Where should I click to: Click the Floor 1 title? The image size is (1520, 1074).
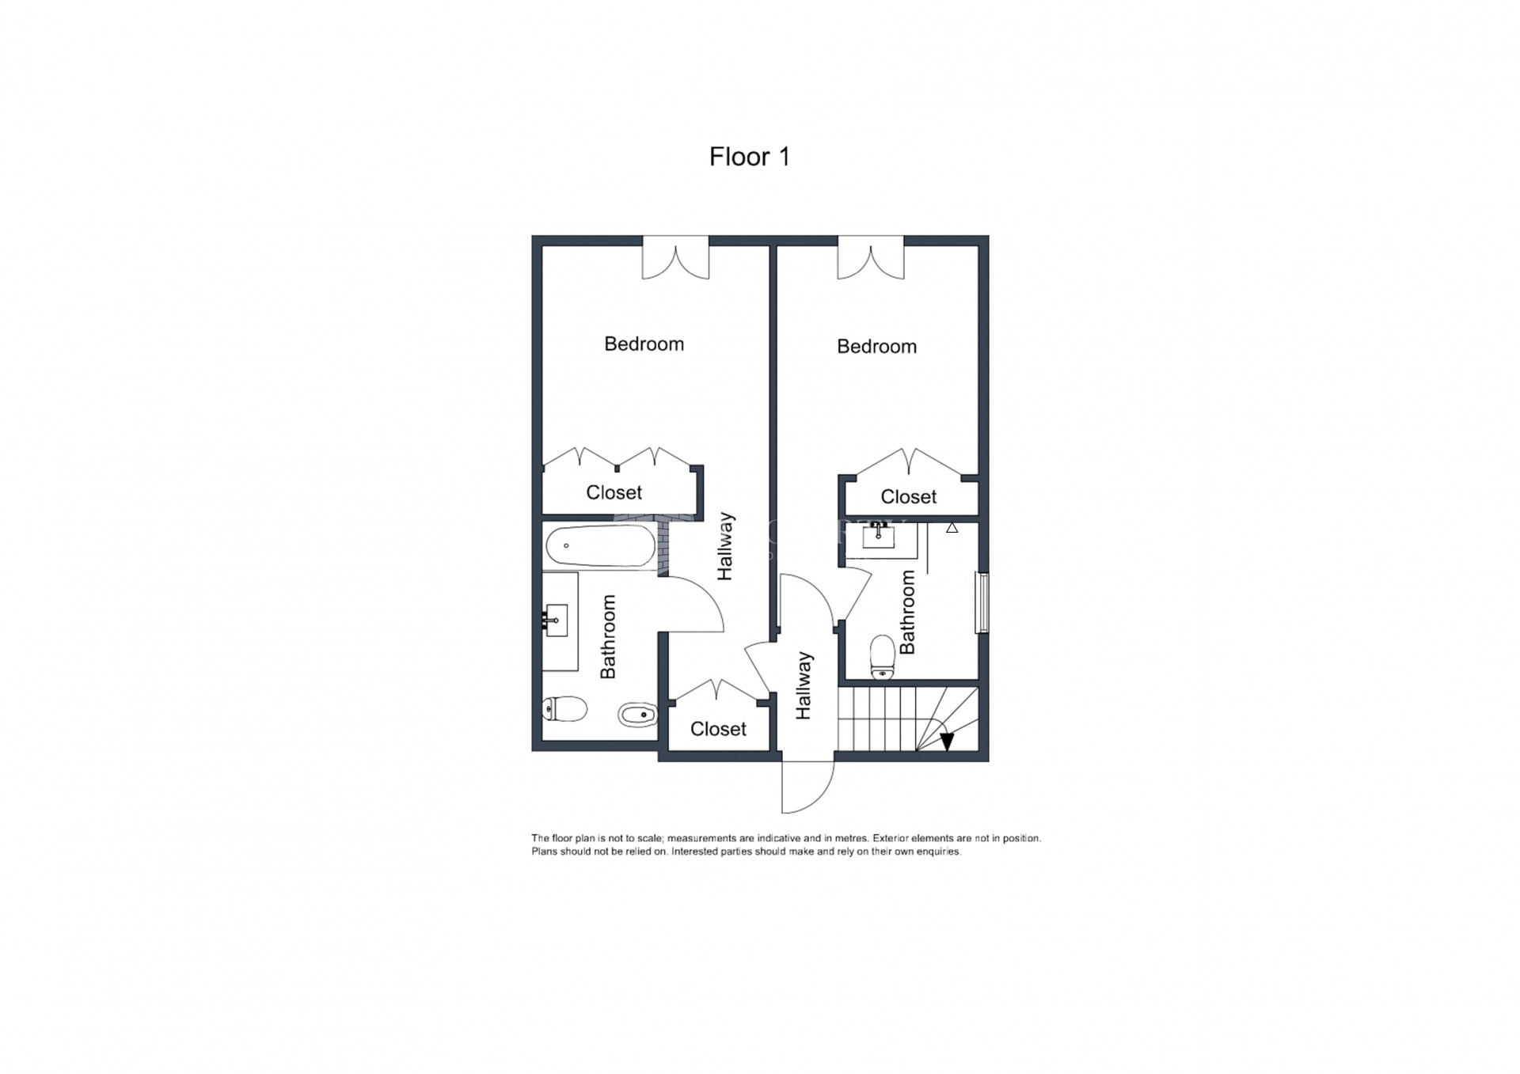tap(749, 157)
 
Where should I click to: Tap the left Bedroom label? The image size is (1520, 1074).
tap(644, 343)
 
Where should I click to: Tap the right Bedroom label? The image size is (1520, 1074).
tap(876, 346)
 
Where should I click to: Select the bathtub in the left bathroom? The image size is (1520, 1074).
tap(601, 546)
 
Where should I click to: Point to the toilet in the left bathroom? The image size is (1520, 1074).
tap(564, 709)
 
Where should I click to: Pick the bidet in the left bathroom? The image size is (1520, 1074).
tap(637, 715)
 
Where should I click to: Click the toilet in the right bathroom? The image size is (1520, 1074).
tap(882, 657)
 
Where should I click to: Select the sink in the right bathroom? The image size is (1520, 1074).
tap(878, 536)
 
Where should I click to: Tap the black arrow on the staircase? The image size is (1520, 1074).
tap(947, 742)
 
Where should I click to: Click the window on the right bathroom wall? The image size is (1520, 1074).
tap(982, 602)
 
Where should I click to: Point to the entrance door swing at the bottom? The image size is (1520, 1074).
tap(808, 787)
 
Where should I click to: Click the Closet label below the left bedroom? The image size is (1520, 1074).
tap(614, 492)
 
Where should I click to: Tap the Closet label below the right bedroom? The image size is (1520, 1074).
tap(908, 496)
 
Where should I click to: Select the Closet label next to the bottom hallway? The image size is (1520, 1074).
tap(718, 728)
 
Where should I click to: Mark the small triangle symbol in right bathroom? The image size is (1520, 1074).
tap(952, 527)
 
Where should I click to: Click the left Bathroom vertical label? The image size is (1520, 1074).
tap(608, 637)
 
